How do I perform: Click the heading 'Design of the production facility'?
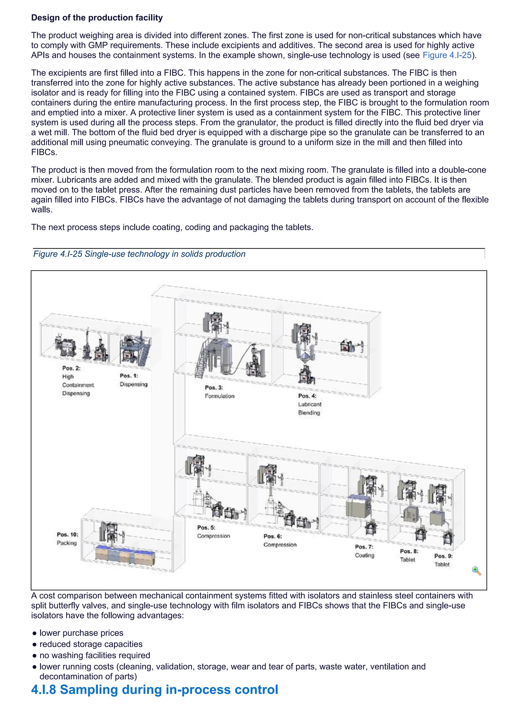point(97,18)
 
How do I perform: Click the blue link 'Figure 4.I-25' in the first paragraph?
point(447,55)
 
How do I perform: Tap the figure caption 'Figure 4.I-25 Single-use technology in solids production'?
point(139,254)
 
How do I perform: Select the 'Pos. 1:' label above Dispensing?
point(129,376)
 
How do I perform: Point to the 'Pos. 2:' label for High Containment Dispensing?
point(71,368)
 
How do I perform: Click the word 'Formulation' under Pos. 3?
point(219,396)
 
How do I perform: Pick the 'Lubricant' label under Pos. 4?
point(309,404)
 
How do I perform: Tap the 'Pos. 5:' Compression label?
point(206,527)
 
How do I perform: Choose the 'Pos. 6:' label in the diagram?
point(273,536)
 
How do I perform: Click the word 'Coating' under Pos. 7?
point(364,556)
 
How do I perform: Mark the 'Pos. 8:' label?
point(409,551)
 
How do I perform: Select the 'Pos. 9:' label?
point(443,556)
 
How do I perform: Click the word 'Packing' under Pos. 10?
point(67,543)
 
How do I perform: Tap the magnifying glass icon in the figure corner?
point(476,571)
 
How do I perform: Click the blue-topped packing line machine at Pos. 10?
point(125,556)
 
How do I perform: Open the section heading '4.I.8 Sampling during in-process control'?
point(154,689)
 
